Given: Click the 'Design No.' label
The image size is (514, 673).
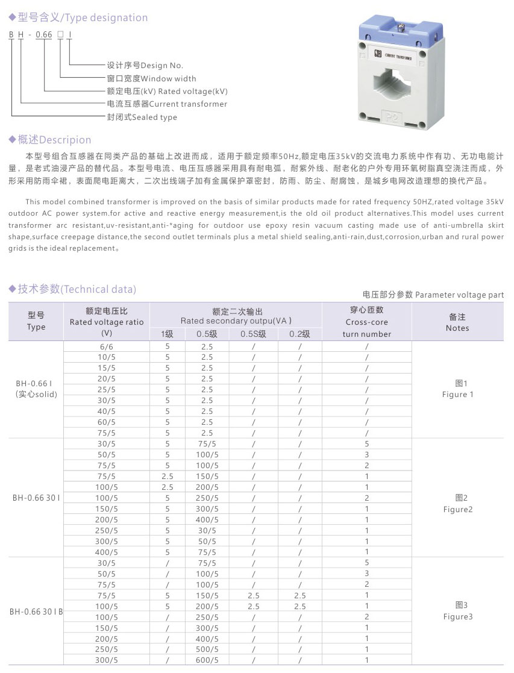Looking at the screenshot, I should click(x=145, y=65).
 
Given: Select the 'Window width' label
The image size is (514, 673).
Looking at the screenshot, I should click(x=151, y=78).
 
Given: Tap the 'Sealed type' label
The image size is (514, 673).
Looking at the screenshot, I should click(x=142, y=117).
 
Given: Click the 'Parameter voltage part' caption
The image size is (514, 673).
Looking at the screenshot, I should click(x=433, y=295).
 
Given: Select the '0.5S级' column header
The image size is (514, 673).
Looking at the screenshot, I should click(x=254, y=334).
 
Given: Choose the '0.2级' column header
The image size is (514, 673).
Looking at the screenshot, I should click(x=299, y=334).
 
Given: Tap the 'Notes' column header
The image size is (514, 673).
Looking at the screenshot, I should click(x=457, y=322).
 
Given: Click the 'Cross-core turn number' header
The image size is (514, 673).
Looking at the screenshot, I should click(x=367, y=322).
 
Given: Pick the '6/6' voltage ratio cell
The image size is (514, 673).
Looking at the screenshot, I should click(x=107, y=346).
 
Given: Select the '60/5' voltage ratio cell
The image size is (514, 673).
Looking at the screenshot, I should click(x=107, y=422).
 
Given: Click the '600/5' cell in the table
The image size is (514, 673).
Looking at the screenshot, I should click(x=207, y=660).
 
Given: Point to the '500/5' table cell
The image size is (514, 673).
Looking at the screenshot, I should click(x=207, y=649).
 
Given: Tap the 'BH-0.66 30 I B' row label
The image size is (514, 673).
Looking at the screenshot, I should click(x=36, y=611).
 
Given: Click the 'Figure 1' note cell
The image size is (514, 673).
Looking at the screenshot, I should click(x=459, y=389).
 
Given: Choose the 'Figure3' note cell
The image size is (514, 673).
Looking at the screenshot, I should click(x=458, y=611).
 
